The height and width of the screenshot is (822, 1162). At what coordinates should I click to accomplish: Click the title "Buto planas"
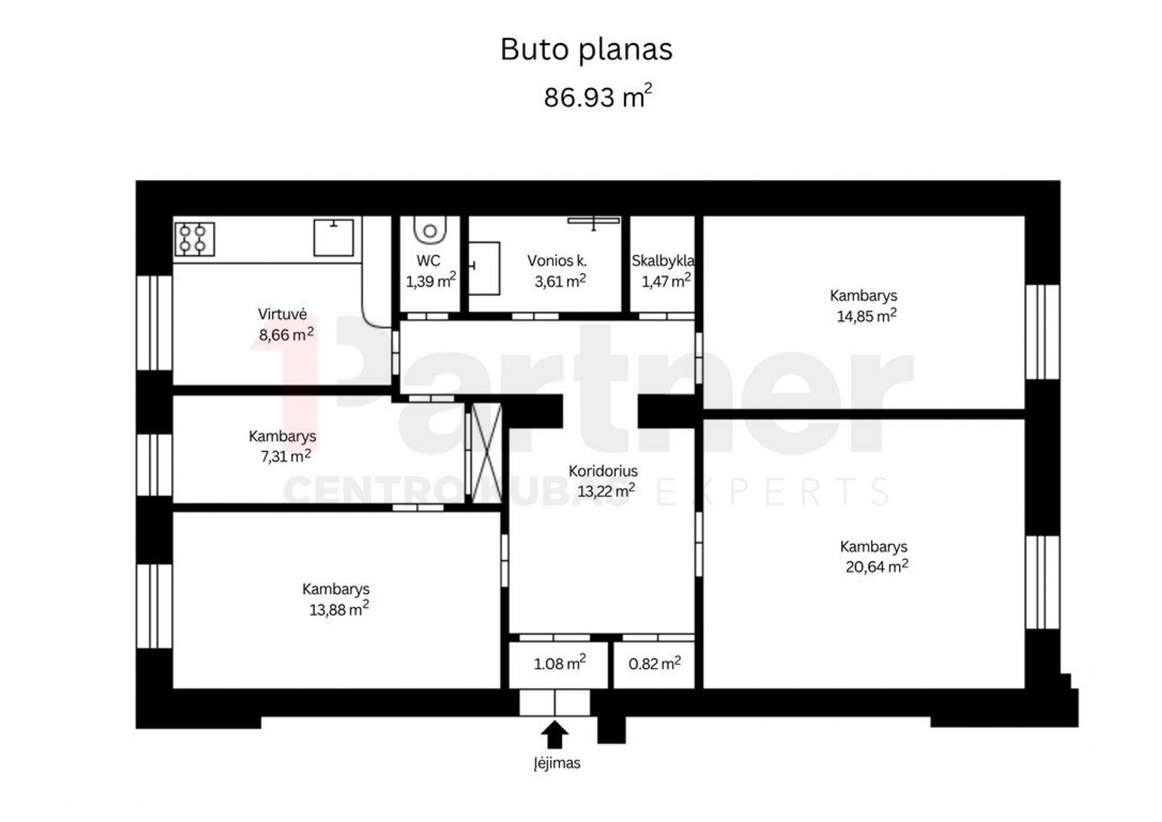pos(586,50)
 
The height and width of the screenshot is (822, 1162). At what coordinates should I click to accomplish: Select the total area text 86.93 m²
pos(598,96)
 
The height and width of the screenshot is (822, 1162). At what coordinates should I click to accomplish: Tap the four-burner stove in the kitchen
pos(194,239)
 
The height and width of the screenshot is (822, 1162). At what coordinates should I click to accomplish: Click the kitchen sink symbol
pos(333,237)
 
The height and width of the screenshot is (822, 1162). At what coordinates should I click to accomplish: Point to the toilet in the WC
pos(430,229)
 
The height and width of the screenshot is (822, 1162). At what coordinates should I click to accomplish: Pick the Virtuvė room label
pos(282,314)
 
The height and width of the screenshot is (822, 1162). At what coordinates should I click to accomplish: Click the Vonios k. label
pos(557,261)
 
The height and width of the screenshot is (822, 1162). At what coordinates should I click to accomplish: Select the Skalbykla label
pos(663,261)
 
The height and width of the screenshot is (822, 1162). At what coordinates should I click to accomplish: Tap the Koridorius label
pos(603,471)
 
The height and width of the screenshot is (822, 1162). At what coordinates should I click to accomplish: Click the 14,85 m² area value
pos(867,316)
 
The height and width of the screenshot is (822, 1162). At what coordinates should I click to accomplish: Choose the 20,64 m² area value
pos(876,566)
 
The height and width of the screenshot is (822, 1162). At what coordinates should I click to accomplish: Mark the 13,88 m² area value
pos(339,609)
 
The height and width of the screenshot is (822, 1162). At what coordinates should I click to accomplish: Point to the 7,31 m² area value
pos(286,456)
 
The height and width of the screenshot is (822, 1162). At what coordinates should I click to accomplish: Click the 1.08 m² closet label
pos(560,663)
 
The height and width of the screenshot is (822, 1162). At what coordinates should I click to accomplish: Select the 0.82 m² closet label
pos(654,663)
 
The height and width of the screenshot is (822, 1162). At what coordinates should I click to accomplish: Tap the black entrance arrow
pos(555,735)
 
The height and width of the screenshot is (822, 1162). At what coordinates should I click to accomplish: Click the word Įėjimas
pos(557,763)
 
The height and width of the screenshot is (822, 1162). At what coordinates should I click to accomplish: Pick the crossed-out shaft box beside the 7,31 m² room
pos(487,453)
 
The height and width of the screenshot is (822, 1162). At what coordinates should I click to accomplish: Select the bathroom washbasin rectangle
pos(484,268)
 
